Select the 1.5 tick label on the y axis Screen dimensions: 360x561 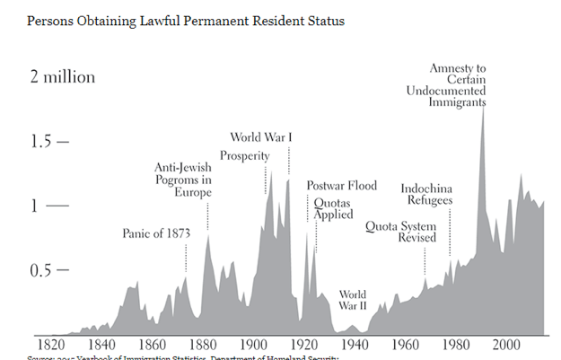pyautogui.click(x=43, y=142)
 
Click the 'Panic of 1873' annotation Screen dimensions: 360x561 pyautogui.click(x=156, y=234)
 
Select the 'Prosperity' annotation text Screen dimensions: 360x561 pyautogui.click(x=245, y=156)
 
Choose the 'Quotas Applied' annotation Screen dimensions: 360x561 pyautogui.click(x=331, y=209)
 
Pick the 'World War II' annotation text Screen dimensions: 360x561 pyautogui.click(x=352, y=300)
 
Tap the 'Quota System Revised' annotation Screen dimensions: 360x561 pyautogui.click(x=400, y=232)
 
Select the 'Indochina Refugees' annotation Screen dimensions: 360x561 pyautogui.click(x=425, y=194)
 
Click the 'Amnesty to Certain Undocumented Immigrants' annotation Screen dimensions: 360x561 pyautogui.click(x=458, y=85)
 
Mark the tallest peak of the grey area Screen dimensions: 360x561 pyautogui.click(x=483, y=110)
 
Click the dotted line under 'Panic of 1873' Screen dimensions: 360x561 pyautogui.click(x=186, y=258)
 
